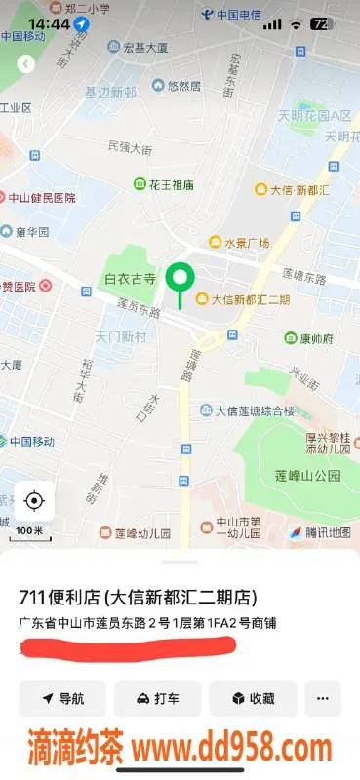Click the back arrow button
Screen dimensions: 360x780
(26, 64)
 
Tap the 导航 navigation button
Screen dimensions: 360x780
(62, 698)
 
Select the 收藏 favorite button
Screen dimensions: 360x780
(253, 698)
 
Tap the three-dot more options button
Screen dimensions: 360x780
(322, 698)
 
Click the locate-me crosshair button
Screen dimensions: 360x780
(34, 501)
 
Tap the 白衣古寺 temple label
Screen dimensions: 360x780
(131, 279)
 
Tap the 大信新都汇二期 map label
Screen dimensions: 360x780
(244, 299)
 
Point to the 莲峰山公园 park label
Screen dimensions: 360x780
(307, 475)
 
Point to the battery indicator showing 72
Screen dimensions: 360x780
(319, 22)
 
